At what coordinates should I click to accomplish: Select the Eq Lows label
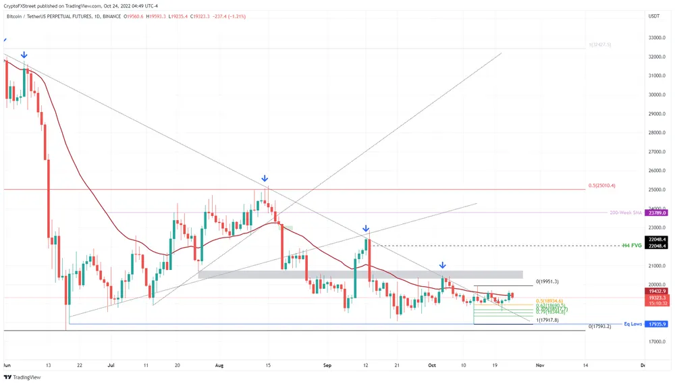click(x=633, y=324)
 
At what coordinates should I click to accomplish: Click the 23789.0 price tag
click(x=657, y=213)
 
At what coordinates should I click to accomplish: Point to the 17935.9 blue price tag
click(x=657, y=324)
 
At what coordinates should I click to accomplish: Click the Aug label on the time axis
click(x=218, y=364)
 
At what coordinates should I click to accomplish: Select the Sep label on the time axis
click(x=327, y=364)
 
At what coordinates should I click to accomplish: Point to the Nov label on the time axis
click(x=539, y=364)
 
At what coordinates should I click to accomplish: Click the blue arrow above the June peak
click(x=24, y=55)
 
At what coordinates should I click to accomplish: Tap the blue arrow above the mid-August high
click(x=265, y=179)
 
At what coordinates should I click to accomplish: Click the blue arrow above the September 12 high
click(x=365, y=229)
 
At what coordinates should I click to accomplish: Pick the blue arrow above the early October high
click(x=442, y=266)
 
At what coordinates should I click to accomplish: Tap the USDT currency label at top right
click(x=654, y=16)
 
